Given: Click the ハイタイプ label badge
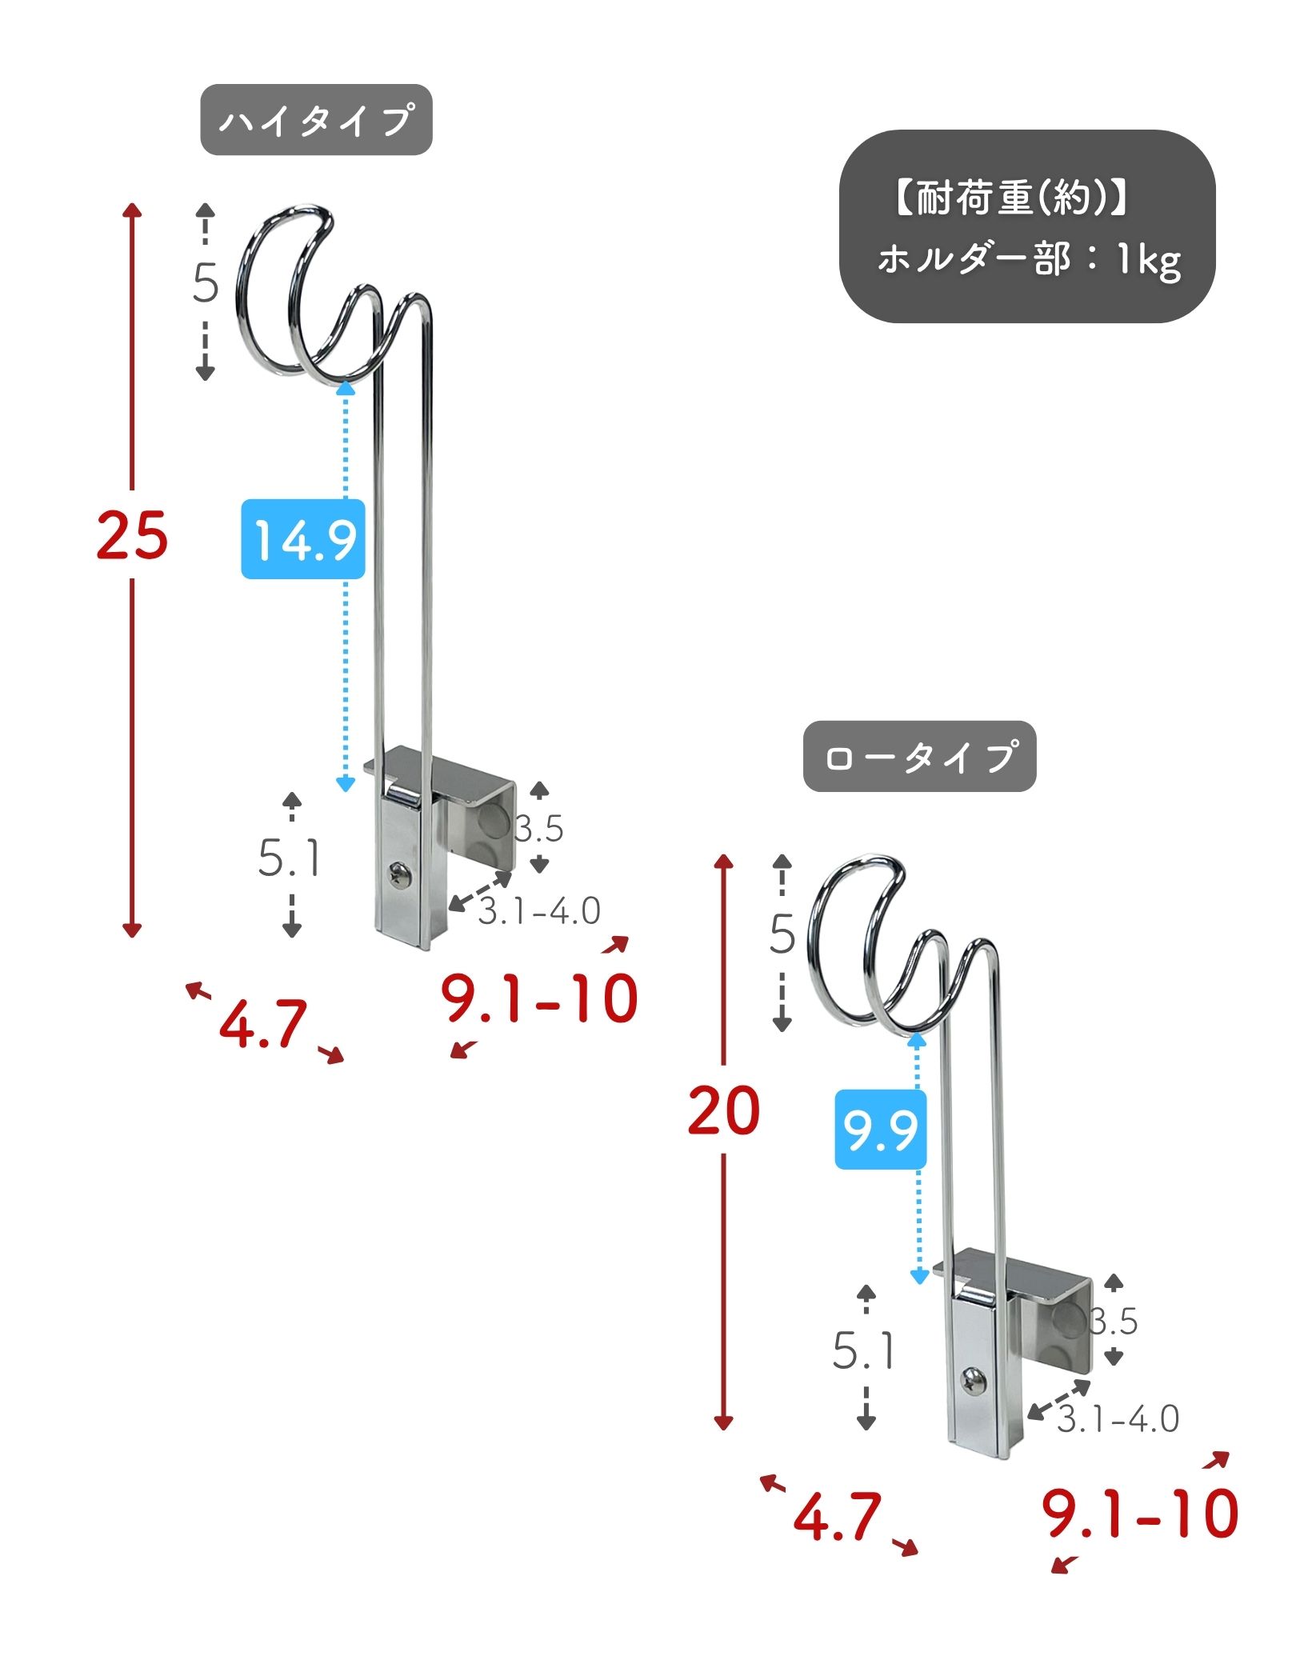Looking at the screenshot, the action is point(316,120).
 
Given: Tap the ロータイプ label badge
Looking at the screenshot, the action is point(920,757).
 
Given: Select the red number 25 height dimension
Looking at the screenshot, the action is point(132,534).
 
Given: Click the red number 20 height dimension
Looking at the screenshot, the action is point(723,1110).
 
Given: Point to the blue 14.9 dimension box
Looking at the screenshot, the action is point(303,538).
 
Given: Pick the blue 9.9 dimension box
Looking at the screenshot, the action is point(881,1130).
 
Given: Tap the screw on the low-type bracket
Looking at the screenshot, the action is point(973,1381).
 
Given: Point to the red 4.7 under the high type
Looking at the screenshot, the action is point(262,1023).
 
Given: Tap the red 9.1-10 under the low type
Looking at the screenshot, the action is point(1140,1513).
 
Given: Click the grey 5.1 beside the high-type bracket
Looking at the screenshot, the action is point(289,858).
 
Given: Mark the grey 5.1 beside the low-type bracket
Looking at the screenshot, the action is point(863,1350).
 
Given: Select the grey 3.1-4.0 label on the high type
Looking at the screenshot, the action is point(538,911).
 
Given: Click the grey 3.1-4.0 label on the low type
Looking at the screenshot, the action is point(1118,1420).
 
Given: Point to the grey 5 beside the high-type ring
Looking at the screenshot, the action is point(206,282).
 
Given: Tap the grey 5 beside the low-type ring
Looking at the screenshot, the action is point(782,934).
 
